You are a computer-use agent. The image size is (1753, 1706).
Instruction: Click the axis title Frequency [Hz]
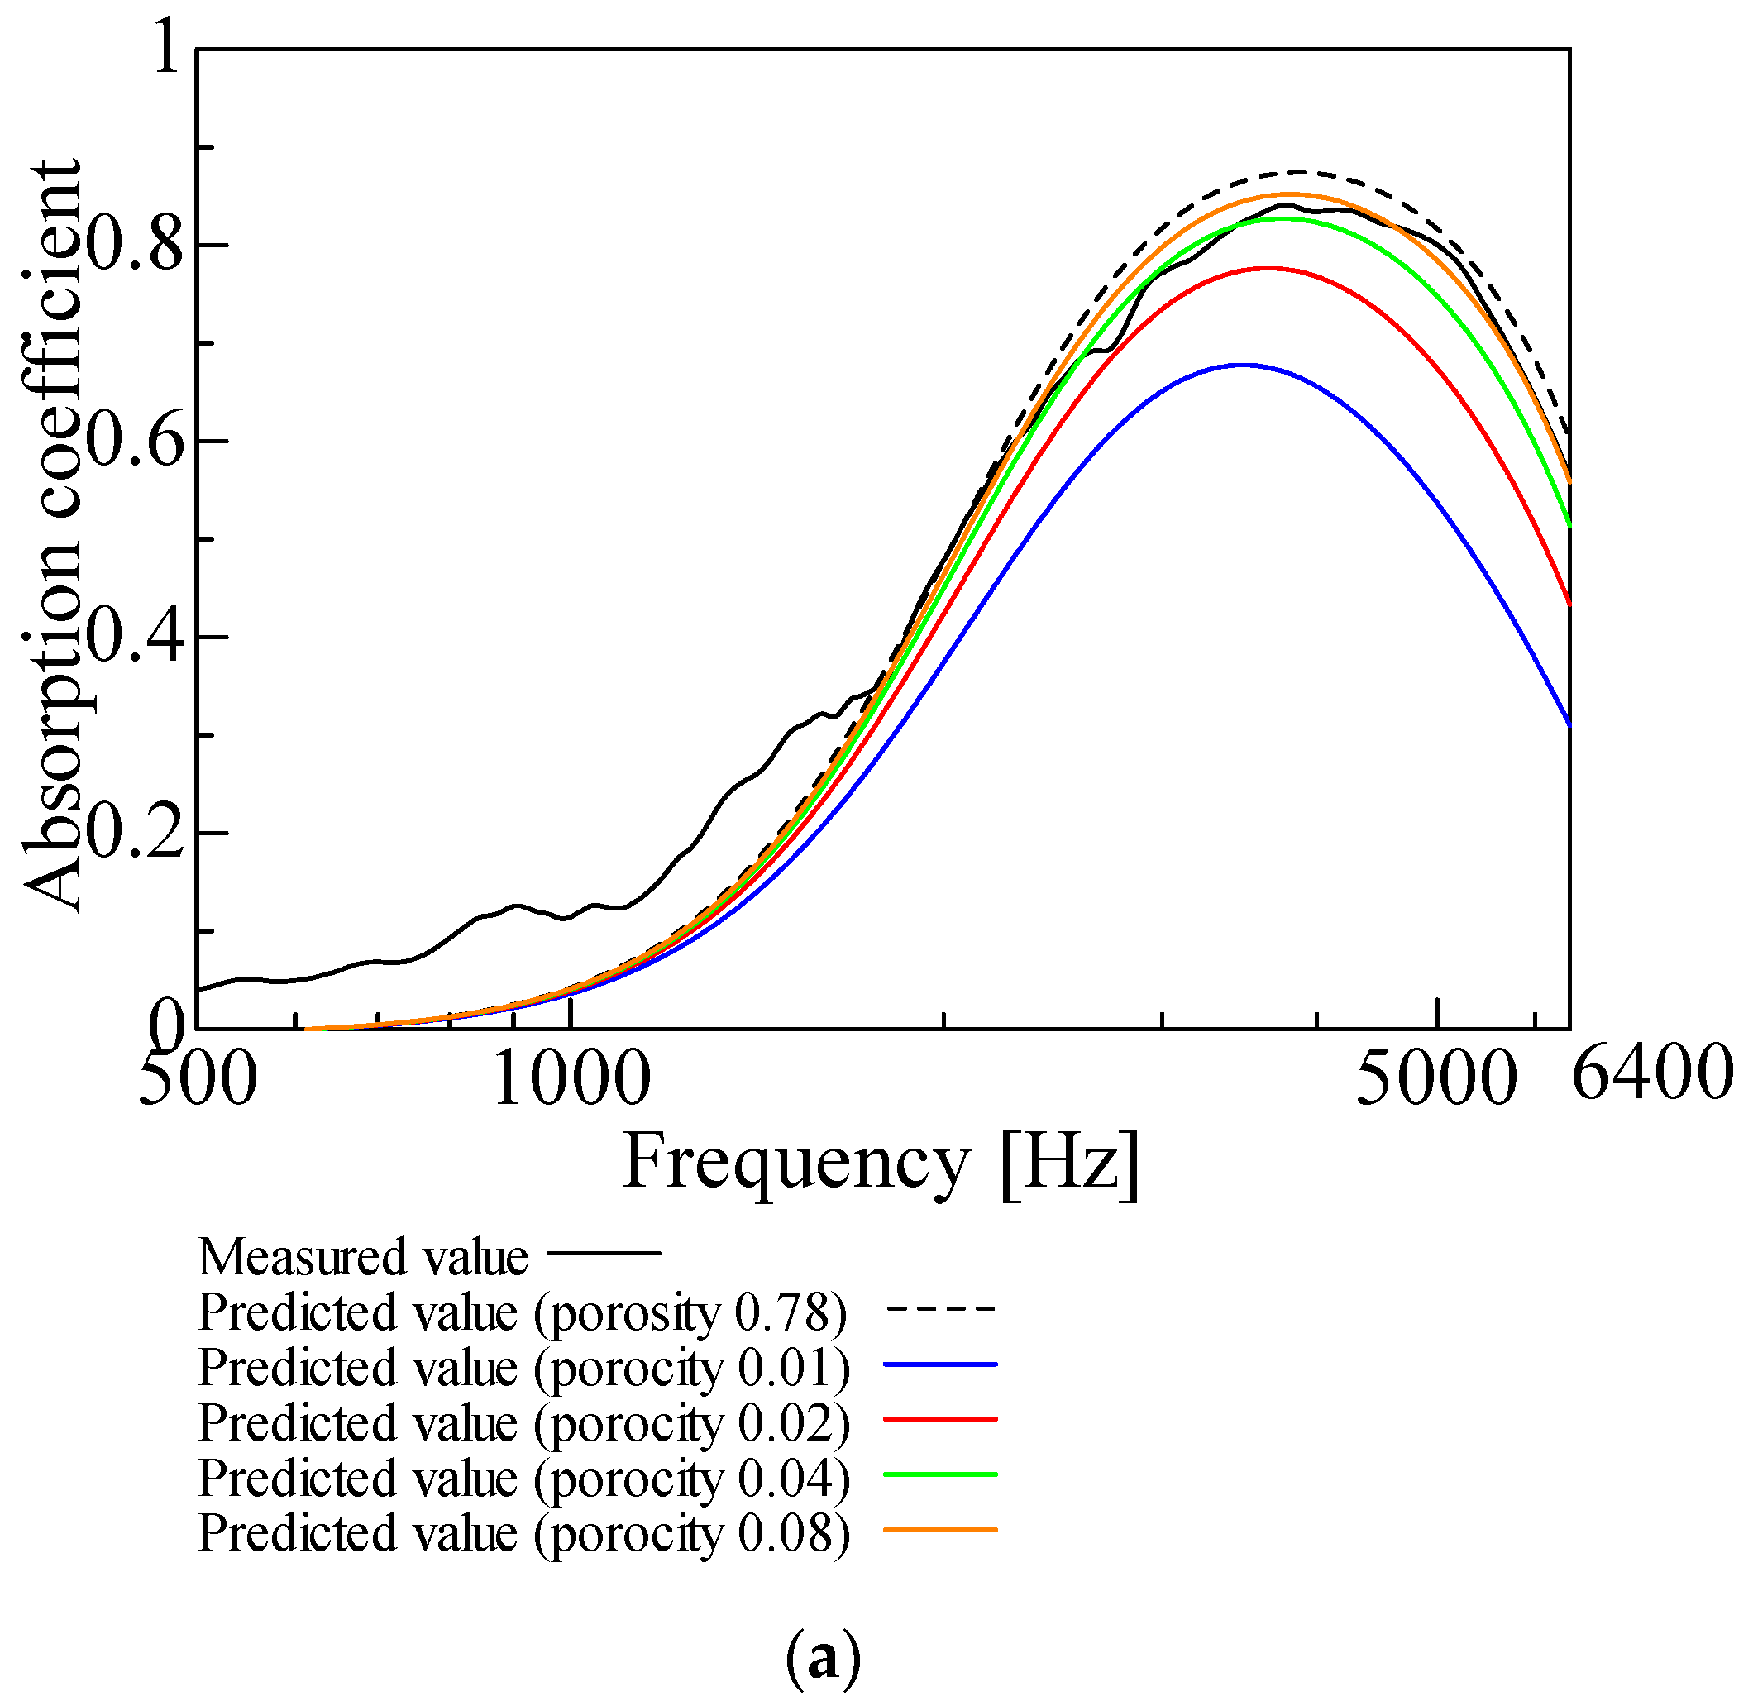[881, 1162]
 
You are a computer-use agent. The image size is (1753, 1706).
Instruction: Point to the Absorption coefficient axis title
[52, 536]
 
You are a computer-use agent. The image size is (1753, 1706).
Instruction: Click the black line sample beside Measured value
[603, 1253]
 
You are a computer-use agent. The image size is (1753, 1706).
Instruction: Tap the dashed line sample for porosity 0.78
[940, 1308]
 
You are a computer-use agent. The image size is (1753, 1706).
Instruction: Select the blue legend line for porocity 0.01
[940, 1364]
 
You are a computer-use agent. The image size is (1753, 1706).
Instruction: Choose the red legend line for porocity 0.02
[940, 1419]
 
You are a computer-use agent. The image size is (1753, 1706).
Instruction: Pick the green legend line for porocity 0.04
[940, 1474]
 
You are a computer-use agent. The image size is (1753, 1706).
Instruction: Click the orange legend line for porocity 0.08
[940, 1530]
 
